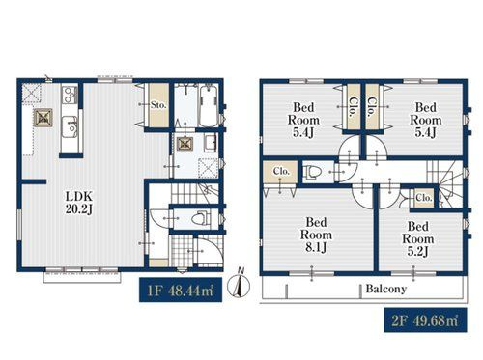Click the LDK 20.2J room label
coord(79,203)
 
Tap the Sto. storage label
coord(158,104)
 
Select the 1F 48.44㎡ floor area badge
coord(181,290)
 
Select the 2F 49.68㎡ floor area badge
coord(425,320)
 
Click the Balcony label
coord(385,289)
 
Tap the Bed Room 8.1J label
coord(316,235)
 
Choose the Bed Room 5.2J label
coord(417,239)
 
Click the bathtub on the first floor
coord(209,106)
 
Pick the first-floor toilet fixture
coord(201,219)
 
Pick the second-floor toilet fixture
coord(312,172)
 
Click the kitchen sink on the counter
coord(71,125)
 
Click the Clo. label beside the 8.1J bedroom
coord(281,171)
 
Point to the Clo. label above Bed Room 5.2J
coord(423,198)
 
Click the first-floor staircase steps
coord(194,193)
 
